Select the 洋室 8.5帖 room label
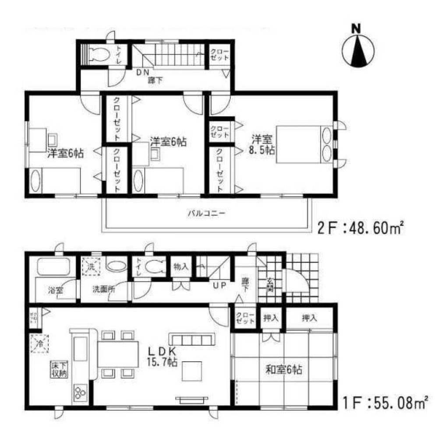click(x=263, y=145)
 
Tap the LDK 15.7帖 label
click(x=162, y=357)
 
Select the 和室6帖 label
click(x=283, y=369)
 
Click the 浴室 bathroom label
click(x=56, y=290)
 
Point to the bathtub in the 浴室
click(x=53, y=267)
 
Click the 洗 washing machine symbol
click(x=92, y=266)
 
